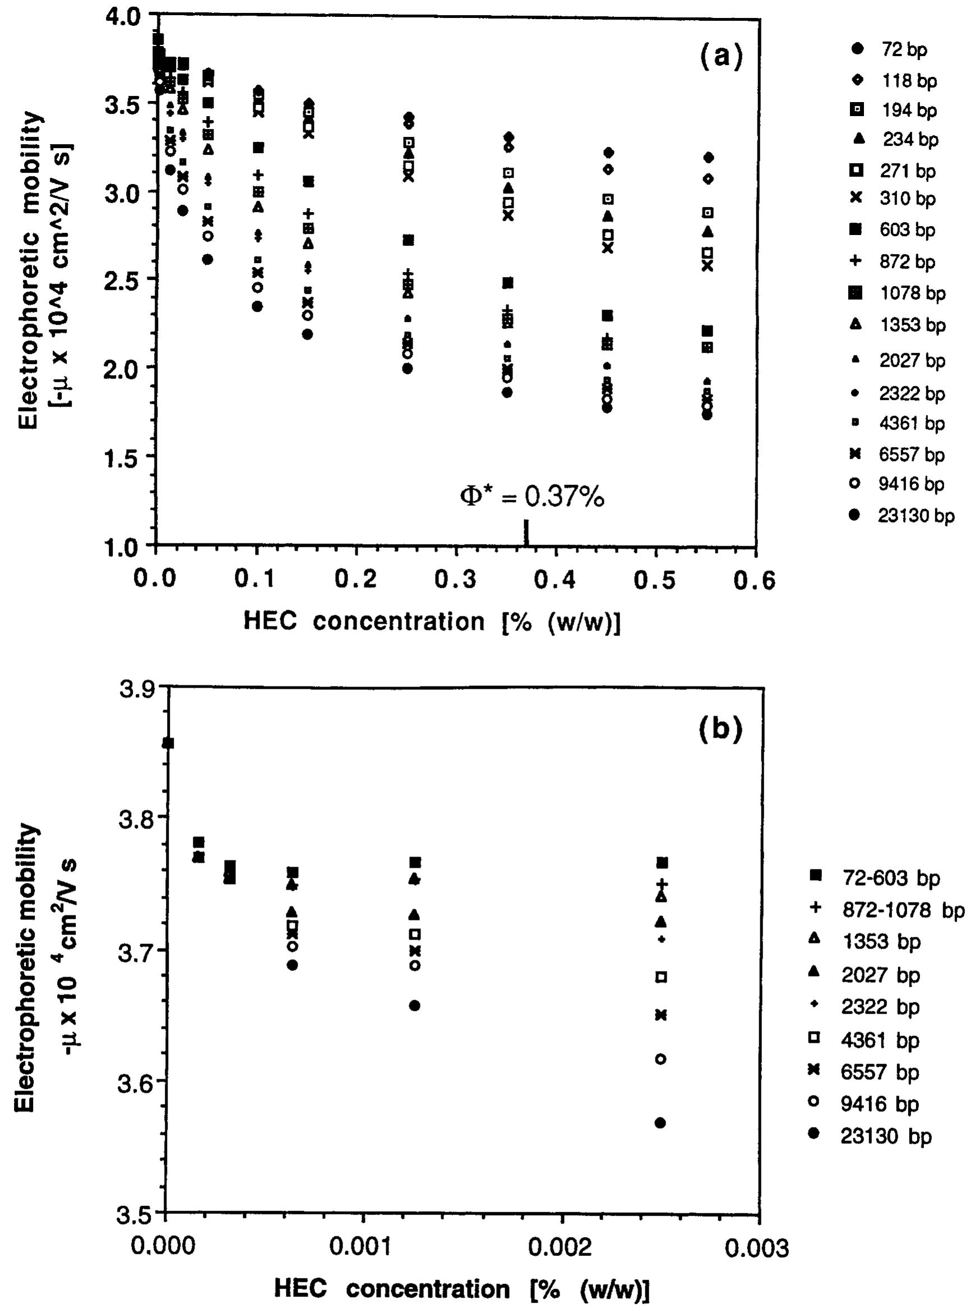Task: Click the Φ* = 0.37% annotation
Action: (532, 496)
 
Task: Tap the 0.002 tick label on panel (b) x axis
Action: (561, 1247)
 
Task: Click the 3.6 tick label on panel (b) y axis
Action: (135, 1084)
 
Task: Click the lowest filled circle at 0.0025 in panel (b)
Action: (660, 1123)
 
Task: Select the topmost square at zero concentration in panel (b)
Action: (168, 743)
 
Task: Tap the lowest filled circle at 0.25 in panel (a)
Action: (407, 369)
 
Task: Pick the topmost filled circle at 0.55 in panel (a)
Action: (708, 157)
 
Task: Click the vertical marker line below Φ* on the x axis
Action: (526, 532)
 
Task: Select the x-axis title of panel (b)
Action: (461, 1289)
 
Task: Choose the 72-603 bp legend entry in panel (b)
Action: (890, 877)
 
